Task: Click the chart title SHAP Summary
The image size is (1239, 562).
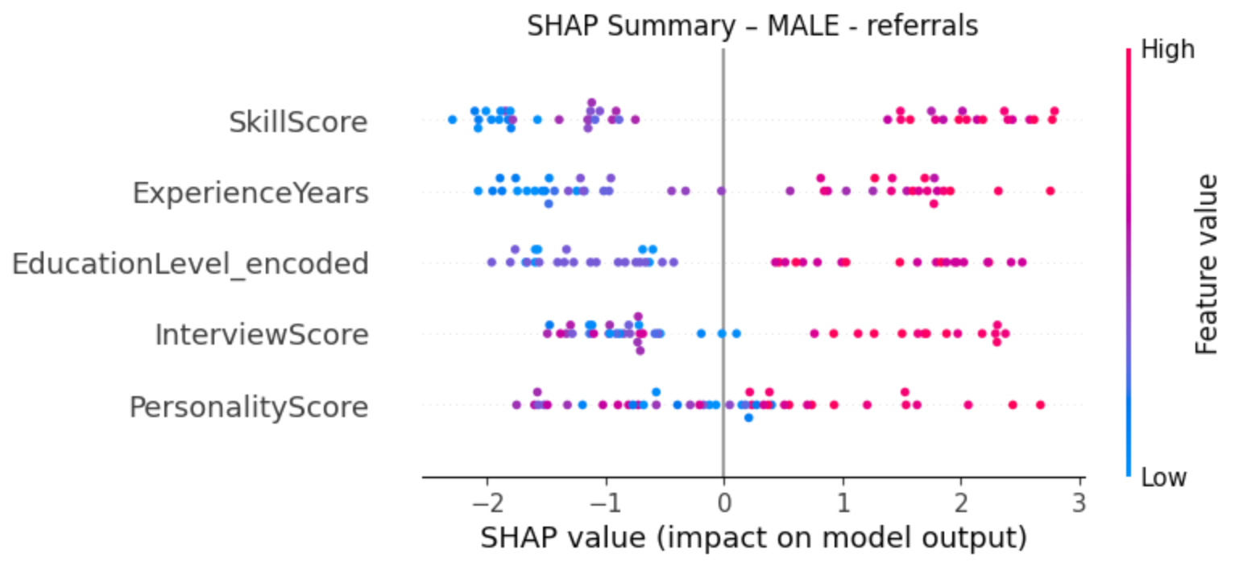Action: click(752, 25)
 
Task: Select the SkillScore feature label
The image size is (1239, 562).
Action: click(298, 122)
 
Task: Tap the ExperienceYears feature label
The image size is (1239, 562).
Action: click(251, 193)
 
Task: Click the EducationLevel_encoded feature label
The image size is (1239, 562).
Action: click(190, 263)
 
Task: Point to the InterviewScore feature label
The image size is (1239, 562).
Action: click(262, 334)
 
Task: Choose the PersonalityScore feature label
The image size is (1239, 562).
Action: click(249, 406)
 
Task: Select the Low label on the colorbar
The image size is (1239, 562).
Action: click(1164, 477)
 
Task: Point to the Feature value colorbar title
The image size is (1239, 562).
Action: click(1207, 264)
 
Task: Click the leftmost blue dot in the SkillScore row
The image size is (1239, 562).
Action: click(452, 120)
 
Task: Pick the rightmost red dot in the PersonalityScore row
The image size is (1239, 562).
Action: click(1040, 404)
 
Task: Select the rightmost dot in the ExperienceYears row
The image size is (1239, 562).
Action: click(1050, 191)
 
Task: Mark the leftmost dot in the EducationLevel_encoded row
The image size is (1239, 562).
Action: click(491, 262)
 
